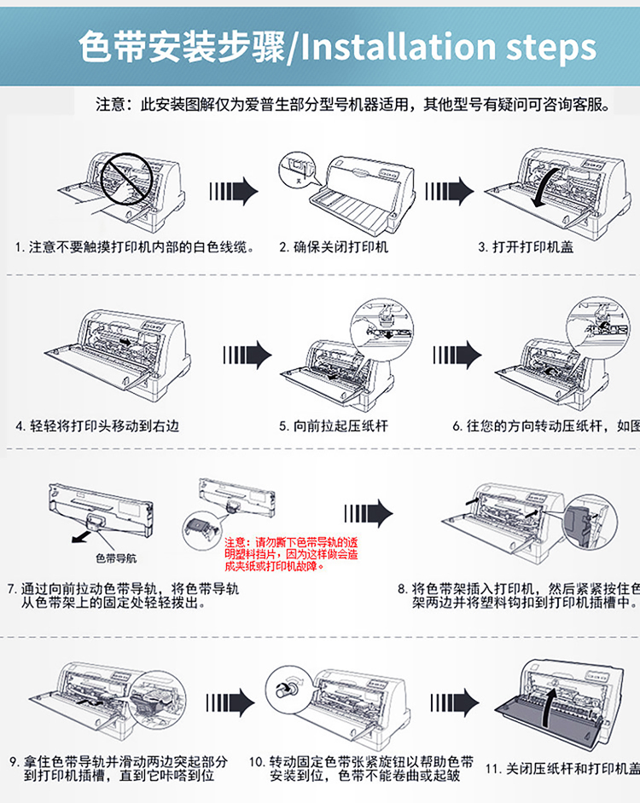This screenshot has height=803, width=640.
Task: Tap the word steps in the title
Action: pos(551,49)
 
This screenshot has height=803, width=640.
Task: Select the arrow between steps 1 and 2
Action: pos(233,189)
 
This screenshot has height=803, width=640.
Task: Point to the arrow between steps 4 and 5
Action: pos(247,355)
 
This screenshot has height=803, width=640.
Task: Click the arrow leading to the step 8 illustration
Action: pos(368,513)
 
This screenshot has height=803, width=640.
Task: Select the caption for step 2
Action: pos(334,247)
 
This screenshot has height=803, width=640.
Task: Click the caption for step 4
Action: pos(98,425)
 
